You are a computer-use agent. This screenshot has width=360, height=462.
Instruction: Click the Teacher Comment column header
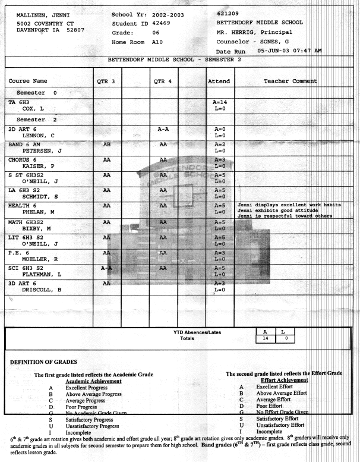(291, 81)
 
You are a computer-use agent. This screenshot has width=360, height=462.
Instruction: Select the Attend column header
(220, 81)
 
